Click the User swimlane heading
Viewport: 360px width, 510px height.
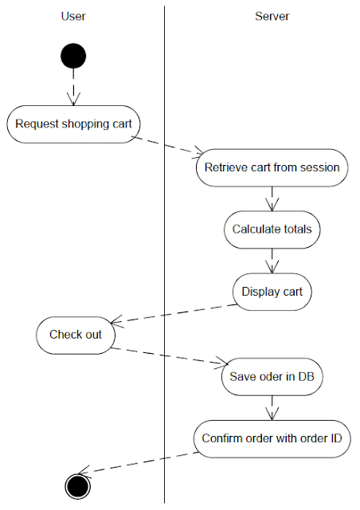(73, 16)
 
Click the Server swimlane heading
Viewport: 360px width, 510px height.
(272, 16)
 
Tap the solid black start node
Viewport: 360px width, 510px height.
(73, 57)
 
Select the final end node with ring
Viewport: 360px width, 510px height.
(78, 484)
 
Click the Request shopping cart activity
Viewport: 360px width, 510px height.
(72, 124)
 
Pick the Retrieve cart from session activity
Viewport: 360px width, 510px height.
(272, 167)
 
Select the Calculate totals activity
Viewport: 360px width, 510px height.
(272, 229)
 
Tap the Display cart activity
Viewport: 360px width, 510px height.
(272, 292)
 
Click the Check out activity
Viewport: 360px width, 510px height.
(76, 335)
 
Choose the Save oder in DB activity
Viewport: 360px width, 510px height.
(272, 377)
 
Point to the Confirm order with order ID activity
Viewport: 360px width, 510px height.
(272, 438)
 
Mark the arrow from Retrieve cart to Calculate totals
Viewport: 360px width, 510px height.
(272, 198)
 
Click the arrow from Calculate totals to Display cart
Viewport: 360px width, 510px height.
(272, 261)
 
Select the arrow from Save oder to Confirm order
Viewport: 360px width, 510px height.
(272, 408)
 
